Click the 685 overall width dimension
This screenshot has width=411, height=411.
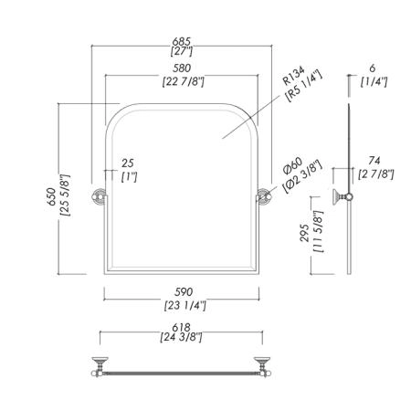182,41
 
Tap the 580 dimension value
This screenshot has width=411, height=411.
182,68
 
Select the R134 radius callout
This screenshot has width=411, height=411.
293,76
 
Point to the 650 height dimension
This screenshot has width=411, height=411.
51,196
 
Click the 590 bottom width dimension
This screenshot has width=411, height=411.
184,292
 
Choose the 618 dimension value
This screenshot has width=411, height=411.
181,328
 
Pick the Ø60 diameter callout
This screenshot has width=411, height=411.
292,166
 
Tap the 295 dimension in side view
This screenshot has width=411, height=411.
304,233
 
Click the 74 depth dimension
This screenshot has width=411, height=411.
374,160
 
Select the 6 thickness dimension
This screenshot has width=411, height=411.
373,68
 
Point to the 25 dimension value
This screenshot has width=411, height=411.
128,163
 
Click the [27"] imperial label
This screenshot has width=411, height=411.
182,51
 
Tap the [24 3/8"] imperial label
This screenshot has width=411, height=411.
181,337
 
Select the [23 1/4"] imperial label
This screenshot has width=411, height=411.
185,305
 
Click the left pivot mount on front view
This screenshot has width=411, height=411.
100,195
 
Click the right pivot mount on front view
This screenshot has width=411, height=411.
264,195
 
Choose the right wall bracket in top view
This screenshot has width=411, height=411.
262,366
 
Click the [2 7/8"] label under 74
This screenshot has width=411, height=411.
376,174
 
